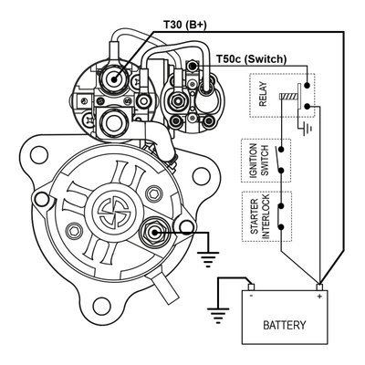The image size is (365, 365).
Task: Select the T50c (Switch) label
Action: point(252,59)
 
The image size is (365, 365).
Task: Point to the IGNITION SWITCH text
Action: point(249,162)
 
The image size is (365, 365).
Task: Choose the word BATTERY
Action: point(284,325)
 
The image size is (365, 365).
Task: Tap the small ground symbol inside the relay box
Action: point(313,128)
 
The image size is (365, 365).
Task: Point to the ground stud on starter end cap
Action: point(156,234)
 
